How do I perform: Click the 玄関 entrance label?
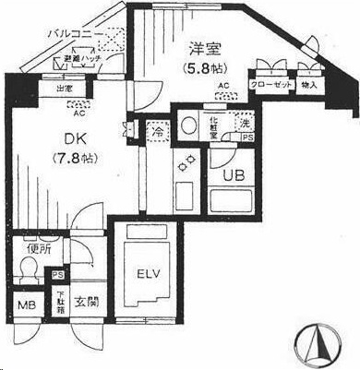pos(84,303)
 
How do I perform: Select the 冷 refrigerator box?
pos(155,132)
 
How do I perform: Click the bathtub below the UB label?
pos(230,202)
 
